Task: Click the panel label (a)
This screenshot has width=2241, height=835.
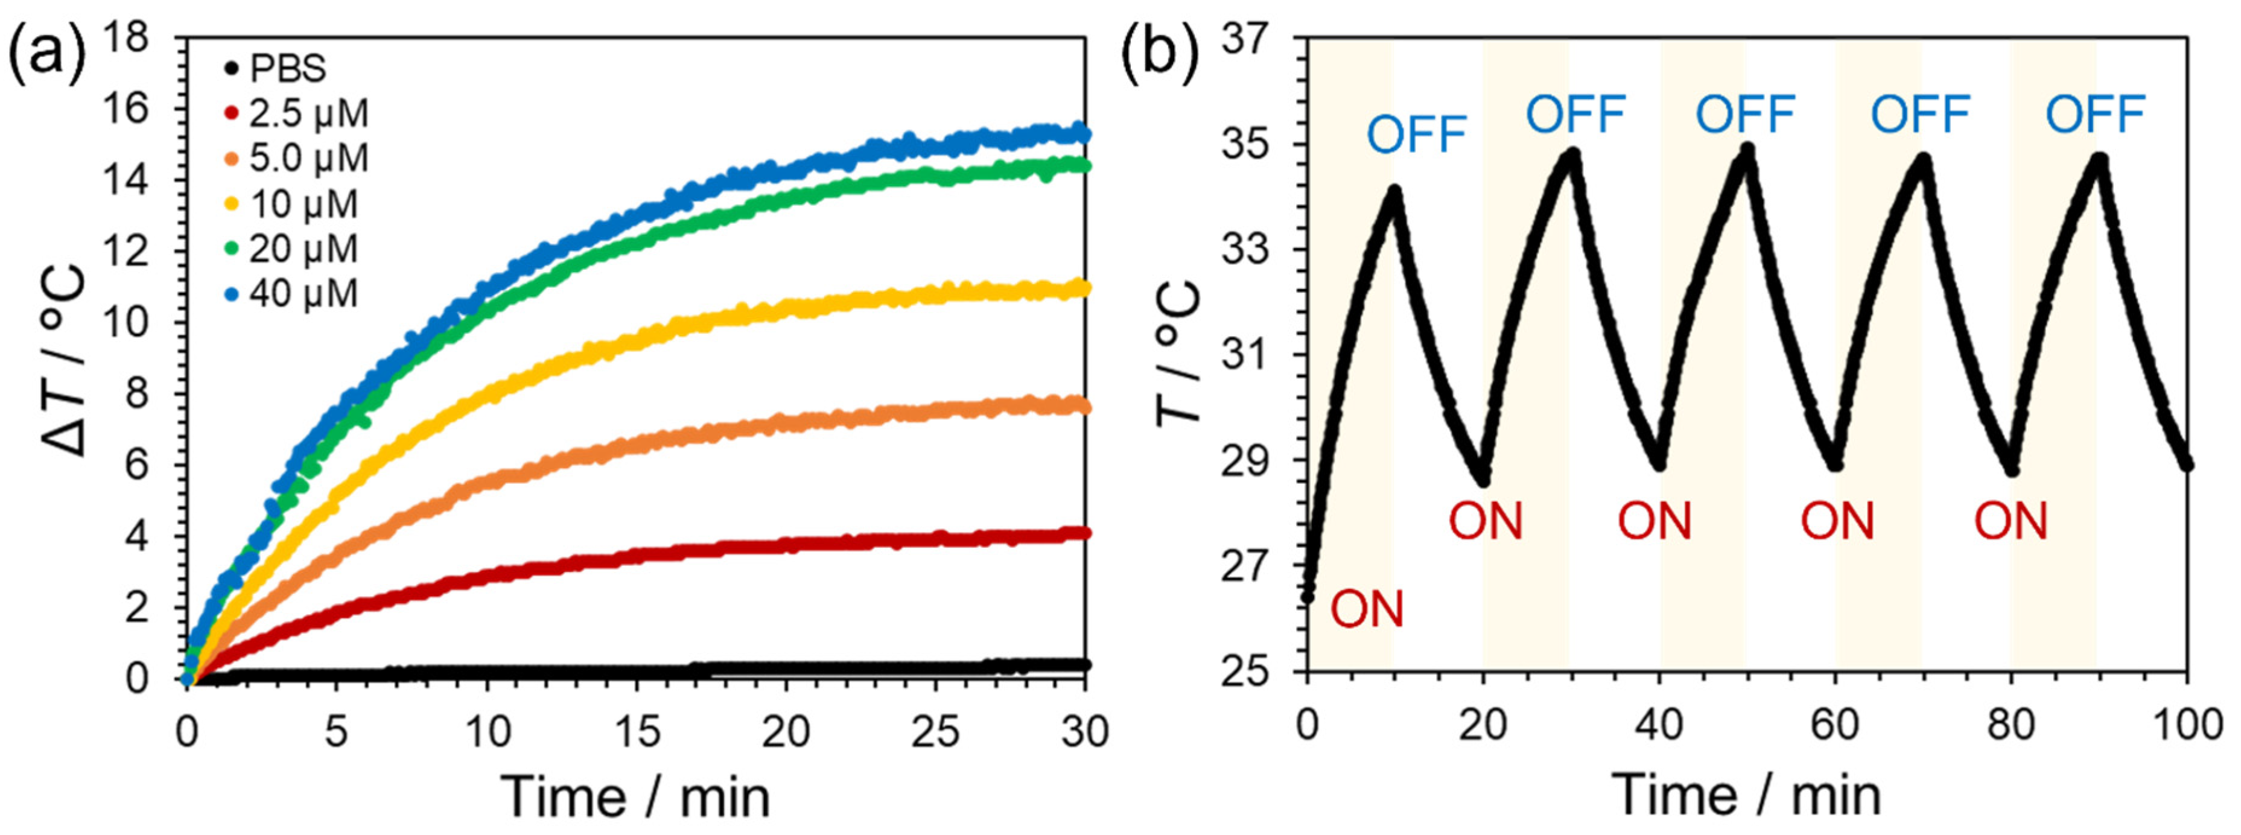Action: (x=48, y=54)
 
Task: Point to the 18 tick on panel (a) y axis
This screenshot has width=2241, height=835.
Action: (x=126, y=39)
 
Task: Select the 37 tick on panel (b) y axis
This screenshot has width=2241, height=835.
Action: (x=1245, y=39)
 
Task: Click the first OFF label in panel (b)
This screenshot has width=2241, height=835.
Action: (x=1416, y=135)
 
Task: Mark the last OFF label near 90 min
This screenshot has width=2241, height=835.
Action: (x=2095, y=115)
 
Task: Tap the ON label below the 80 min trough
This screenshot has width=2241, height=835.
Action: (x=2009, y=522)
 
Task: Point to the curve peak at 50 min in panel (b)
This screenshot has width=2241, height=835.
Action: (x=1747, y=150)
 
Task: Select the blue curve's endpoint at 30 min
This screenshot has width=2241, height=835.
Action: (x=1083, y=134)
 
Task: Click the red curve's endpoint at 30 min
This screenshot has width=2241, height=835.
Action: (x=1083, y=532)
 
